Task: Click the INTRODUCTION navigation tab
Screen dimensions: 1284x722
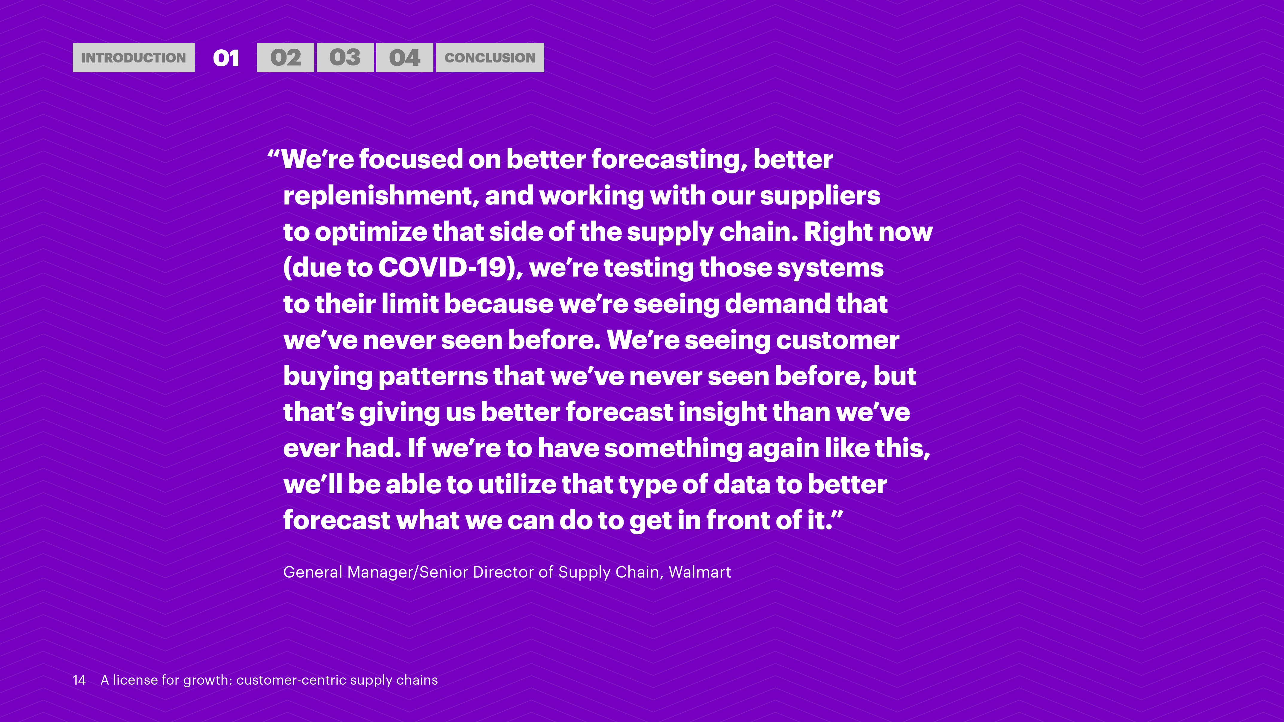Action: point(134,58)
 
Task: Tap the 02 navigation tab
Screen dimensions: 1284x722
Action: point(286,58)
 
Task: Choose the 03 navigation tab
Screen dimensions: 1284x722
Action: point(345,58)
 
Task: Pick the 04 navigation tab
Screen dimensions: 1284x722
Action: point(405,58)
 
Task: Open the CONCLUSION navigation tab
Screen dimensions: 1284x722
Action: point(490,58)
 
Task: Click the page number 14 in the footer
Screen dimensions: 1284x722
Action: point(79,680)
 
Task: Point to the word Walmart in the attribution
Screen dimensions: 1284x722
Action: point(700,572)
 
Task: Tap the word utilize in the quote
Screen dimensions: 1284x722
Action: point(517,484)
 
